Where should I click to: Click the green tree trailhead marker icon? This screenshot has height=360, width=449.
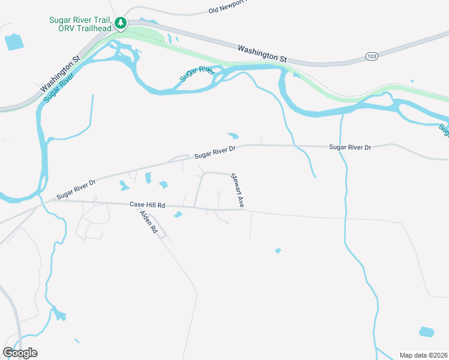pyautogui.click(x=121, y=23)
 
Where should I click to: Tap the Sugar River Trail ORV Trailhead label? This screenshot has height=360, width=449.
pyautogui.click(x=81, y=23)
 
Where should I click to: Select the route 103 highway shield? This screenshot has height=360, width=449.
pyautogui.click(x=371, y=56)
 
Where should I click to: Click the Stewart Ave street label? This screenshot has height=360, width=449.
pyautogui.click(x=237, y=190)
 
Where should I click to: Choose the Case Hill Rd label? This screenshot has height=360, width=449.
pyautogui.click(x=147, y=205)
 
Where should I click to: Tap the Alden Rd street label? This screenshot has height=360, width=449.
pyautogui.click(x=148, y=221)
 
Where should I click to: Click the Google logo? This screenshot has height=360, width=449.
pyautogui.click(x=20, y=352)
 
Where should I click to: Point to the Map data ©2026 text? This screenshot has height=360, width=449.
pyautogui.click(x=423, y=355)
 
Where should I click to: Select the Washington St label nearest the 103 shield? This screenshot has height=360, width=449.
pyautogui.click(x=262, y=53)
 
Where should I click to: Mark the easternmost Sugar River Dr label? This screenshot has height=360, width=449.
pyautogui.click(x=350, y=147)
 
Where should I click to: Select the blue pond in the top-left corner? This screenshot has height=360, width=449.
pyautogui.click(x=13, y=41)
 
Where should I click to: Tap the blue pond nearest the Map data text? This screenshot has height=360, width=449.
pyautogui.click(x=426, y=332)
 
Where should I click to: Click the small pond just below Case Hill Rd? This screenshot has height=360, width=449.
pyautogui.click(x=178, y=215)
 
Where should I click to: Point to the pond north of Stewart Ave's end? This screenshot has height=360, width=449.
pyautogui.click(x=234, y=135)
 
